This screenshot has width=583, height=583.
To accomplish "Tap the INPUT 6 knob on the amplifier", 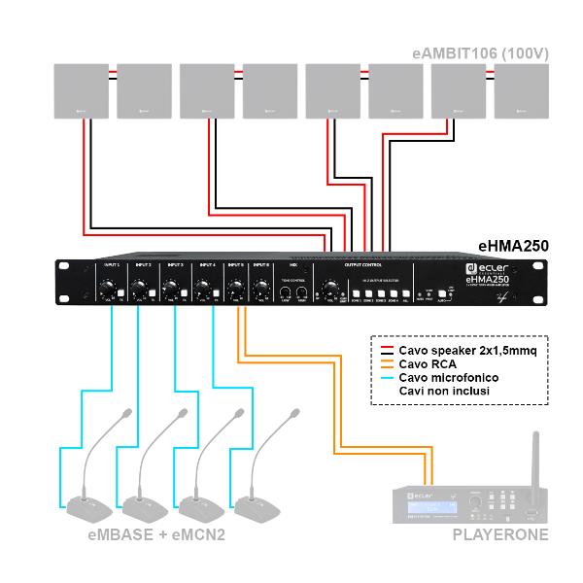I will pos(259,289).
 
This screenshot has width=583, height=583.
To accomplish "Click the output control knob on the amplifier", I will pos(332,289).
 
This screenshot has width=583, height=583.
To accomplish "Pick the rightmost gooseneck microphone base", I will pos(257,504).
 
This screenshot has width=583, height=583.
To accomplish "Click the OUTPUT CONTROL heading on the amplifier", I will pos(362,264).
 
